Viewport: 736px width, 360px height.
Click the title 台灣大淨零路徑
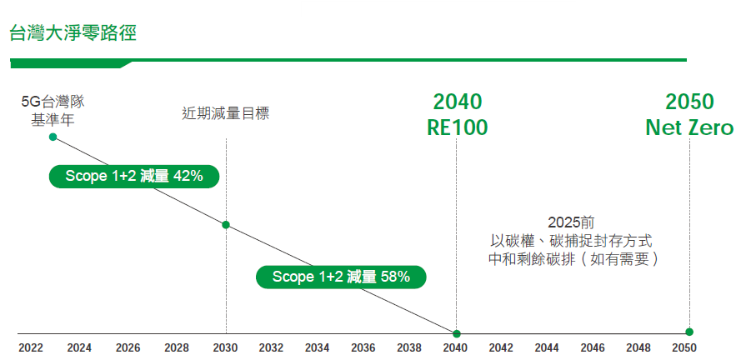tap(73, 34)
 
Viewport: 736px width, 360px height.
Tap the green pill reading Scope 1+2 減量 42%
tap(133, 176)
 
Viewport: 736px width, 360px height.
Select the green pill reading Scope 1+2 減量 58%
tap(341, 277)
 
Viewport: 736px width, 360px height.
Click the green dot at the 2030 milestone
tap(226, 225)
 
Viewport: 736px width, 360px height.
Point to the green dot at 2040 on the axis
tap(456, 332)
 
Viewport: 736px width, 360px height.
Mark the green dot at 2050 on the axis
tap(689, 332)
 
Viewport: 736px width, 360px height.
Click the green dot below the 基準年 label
tap(53, 136)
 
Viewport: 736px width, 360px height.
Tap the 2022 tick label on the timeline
tap(31, 347)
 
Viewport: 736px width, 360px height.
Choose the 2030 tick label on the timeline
tap(225, 347)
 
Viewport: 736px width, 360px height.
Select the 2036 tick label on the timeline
tap(363, 347)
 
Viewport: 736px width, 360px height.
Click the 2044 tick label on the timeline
tap(547, 347)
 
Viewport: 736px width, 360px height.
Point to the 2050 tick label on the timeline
tap(684, 347)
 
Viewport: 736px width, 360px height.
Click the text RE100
tap(457, 128)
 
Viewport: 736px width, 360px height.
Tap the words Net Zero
tap(689, 128)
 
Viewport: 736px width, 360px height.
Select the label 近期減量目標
tap(226, 113)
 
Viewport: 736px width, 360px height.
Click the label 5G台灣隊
tap(53, 102)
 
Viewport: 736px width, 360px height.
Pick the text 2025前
tap(571, 222)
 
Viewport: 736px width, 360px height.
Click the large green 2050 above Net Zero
tap(689, 102)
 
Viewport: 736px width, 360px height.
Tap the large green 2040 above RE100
tap(457, 102)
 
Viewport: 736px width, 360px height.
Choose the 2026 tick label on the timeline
tap(128, 347)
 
